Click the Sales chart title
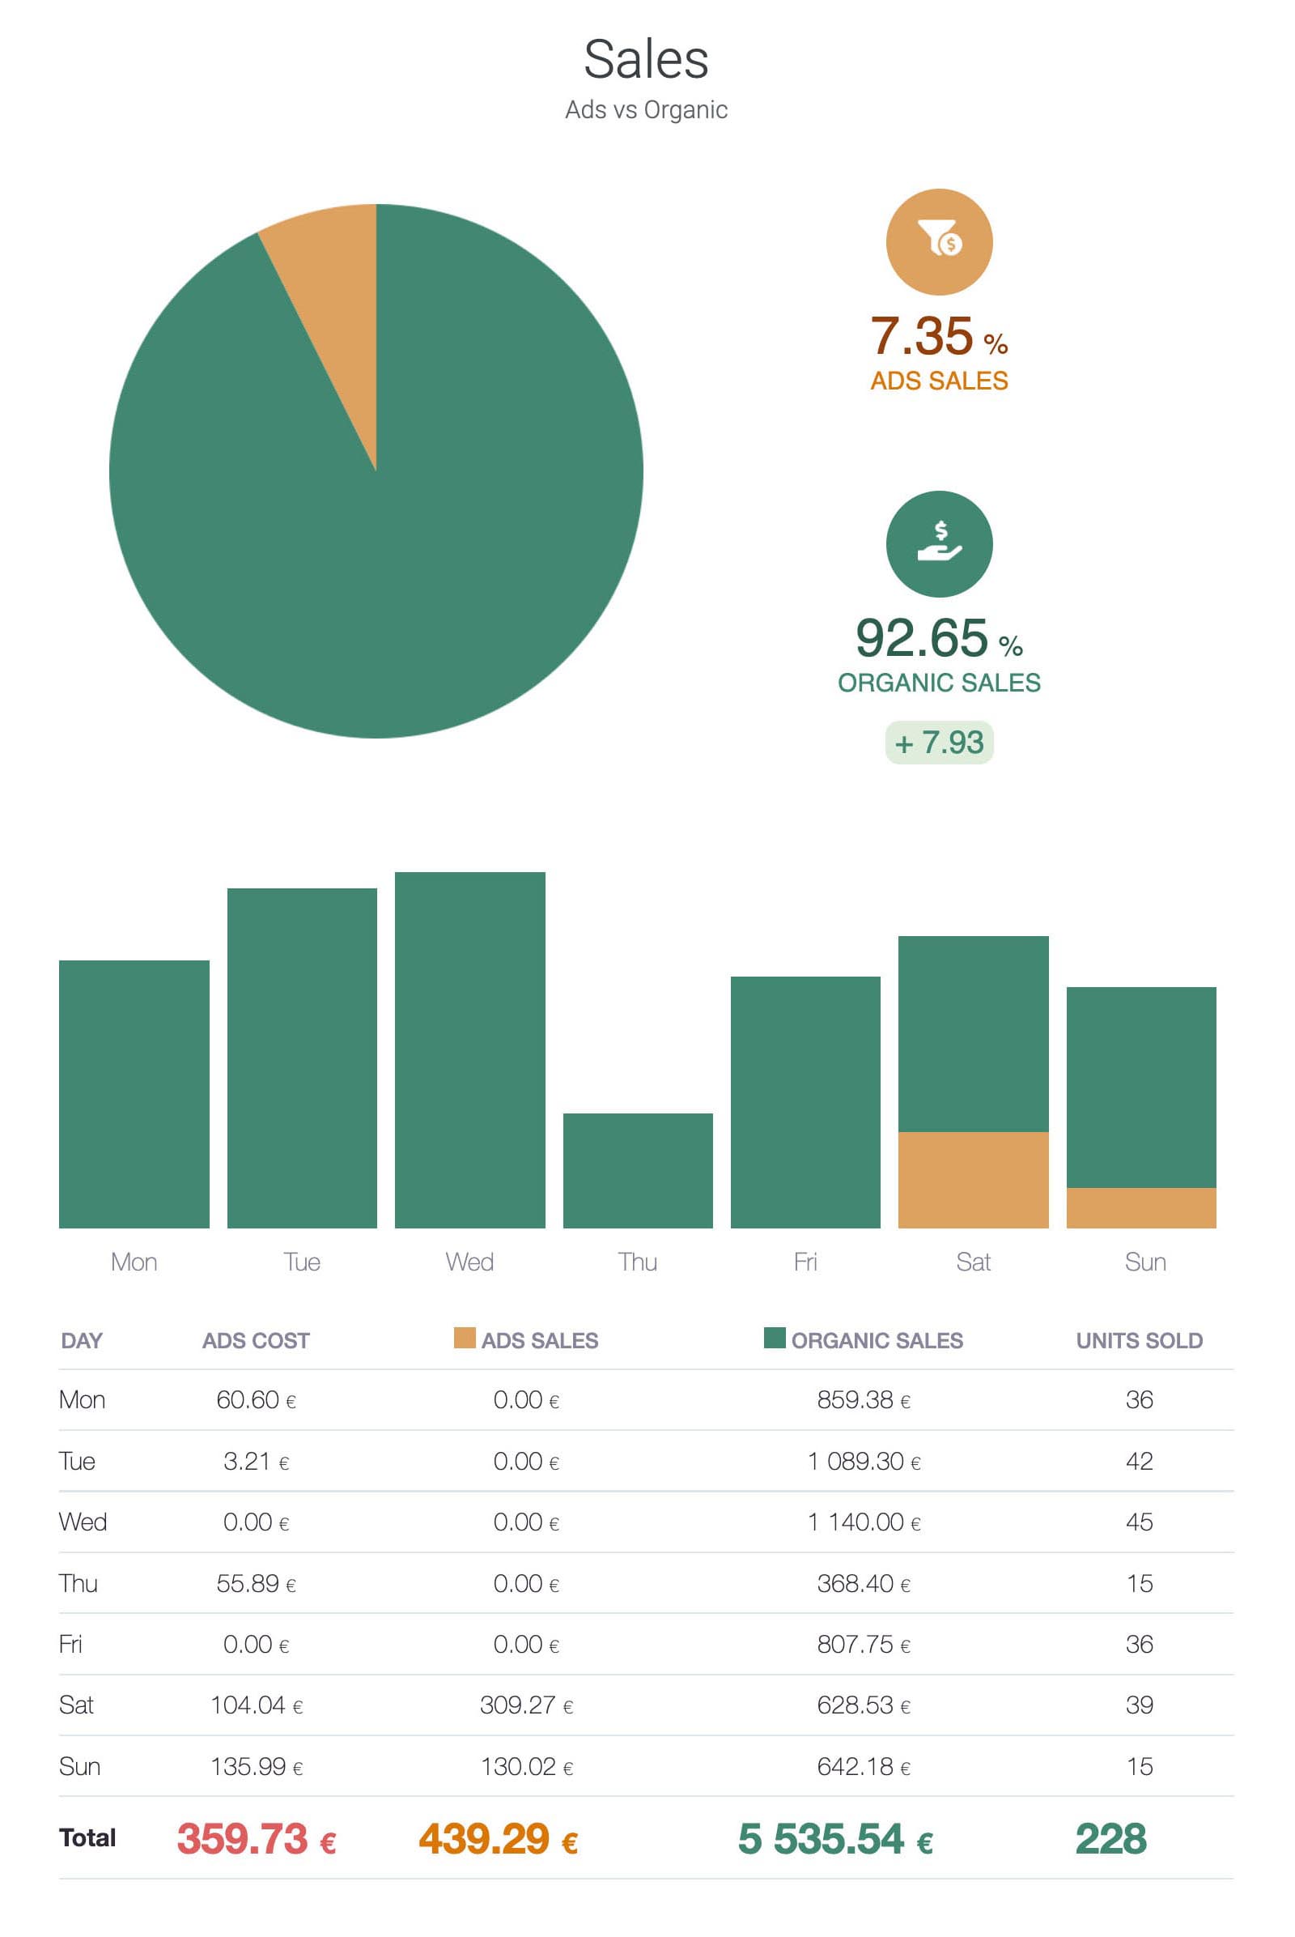pos(646,59)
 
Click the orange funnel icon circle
pos(939,242)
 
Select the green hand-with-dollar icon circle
pos(939,543)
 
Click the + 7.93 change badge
pos(939,742)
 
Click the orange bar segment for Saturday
pos(973,1179)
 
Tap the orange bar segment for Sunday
pos(1140,1207)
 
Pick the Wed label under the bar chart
pos(469,1262)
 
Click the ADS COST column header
pos(256,1340)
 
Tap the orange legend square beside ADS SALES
pos(464,1338)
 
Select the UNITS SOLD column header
pos(1139,1340)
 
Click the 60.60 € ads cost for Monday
pos(256,1400)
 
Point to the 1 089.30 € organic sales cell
pos(864,1461)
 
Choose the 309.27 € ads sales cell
pos(527,1705)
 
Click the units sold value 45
pos(1139,1522)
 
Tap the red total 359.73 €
pos(256,1839)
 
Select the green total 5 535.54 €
pos(835,1839)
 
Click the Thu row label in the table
pos(79,1583)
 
